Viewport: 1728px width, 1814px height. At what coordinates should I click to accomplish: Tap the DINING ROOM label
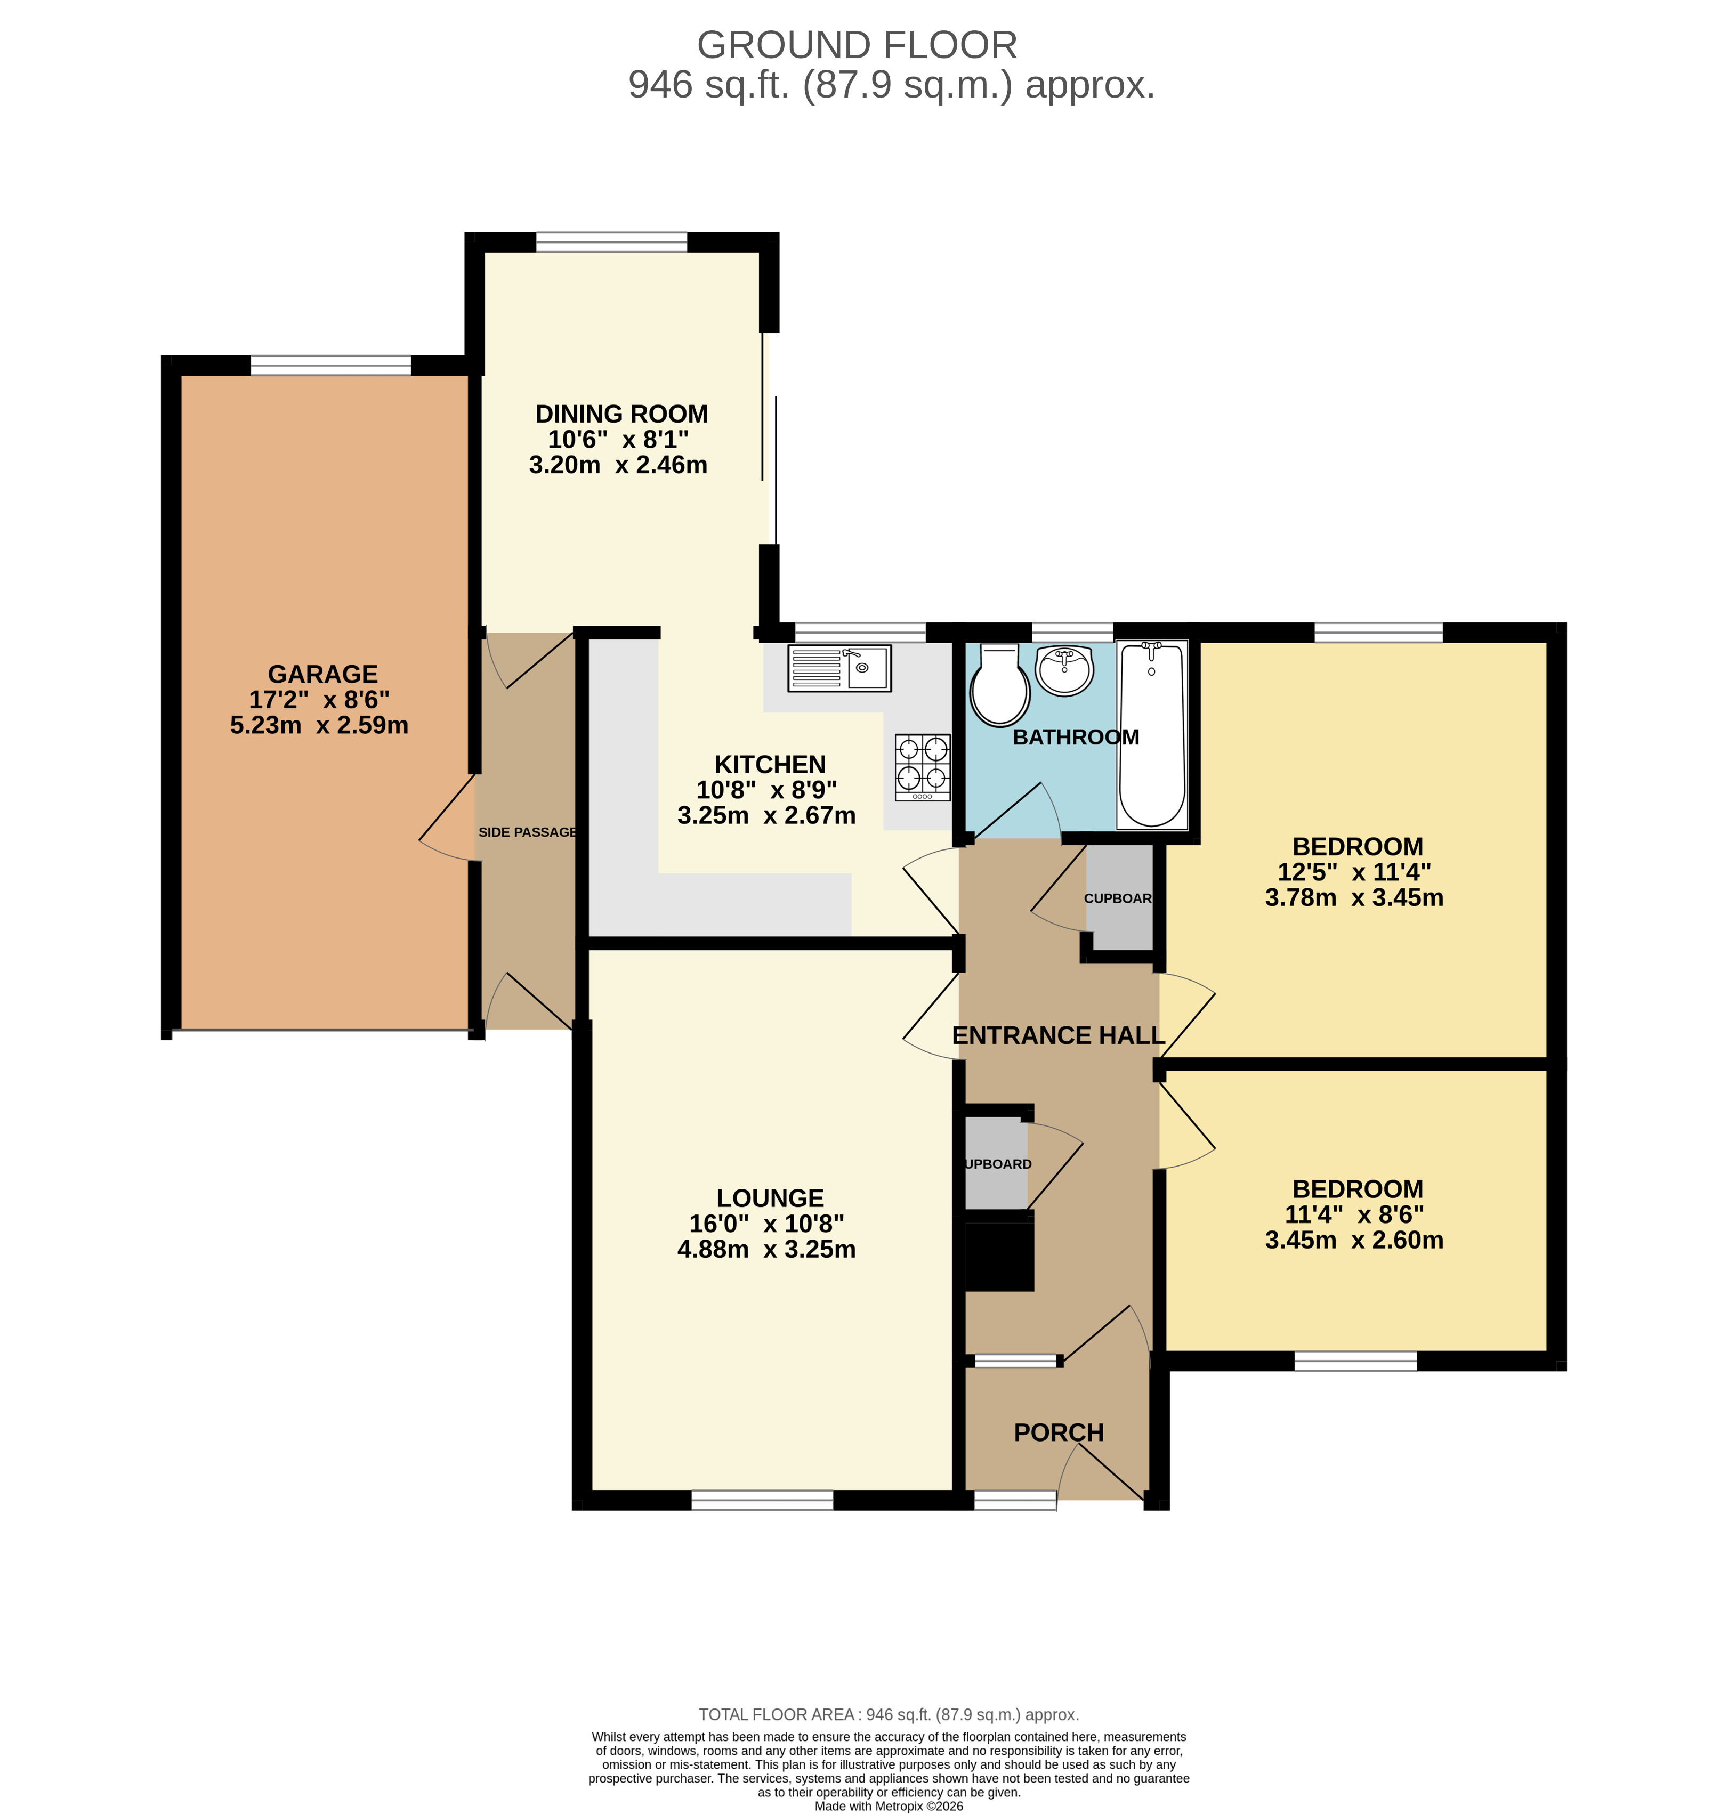(621, 415)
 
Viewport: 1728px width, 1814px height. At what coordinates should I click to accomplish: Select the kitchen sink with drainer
(839, 668)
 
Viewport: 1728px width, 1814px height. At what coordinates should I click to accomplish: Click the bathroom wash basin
(1065, 669)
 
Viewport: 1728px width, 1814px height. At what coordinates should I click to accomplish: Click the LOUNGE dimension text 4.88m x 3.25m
(766, 1250)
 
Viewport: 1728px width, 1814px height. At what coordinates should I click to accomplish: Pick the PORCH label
(1059, 1433)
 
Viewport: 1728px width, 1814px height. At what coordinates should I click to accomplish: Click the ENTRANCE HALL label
(1059, 1036)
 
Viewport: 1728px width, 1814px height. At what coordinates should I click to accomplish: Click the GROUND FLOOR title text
(857, 45)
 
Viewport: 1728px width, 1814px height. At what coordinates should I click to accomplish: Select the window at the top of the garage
(330, 366)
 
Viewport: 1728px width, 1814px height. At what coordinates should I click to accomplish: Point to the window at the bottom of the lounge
(762, 1501)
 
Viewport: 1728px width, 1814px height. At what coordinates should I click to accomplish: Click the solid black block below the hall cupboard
(998, 1251)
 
